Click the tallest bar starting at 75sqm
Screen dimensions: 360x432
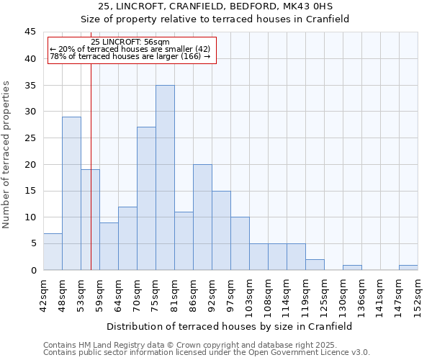point(165,178)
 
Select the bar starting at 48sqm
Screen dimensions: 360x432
point(71,194)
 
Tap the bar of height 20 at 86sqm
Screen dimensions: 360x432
point(202,217)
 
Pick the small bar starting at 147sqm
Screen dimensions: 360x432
point(408,268)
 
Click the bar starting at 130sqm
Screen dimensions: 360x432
point(352,268)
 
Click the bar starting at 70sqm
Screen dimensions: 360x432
point(146,199)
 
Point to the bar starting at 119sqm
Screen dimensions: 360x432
point(315,265)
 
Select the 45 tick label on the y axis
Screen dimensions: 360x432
point(32,32)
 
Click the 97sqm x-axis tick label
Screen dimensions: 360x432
point(231,293)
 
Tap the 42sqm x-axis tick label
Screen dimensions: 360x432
point(44,293)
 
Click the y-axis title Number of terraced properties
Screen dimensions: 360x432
point(8,155)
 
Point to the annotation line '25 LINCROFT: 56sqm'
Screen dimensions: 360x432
point(131,42)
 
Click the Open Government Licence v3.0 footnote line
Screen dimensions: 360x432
point(206,353)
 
